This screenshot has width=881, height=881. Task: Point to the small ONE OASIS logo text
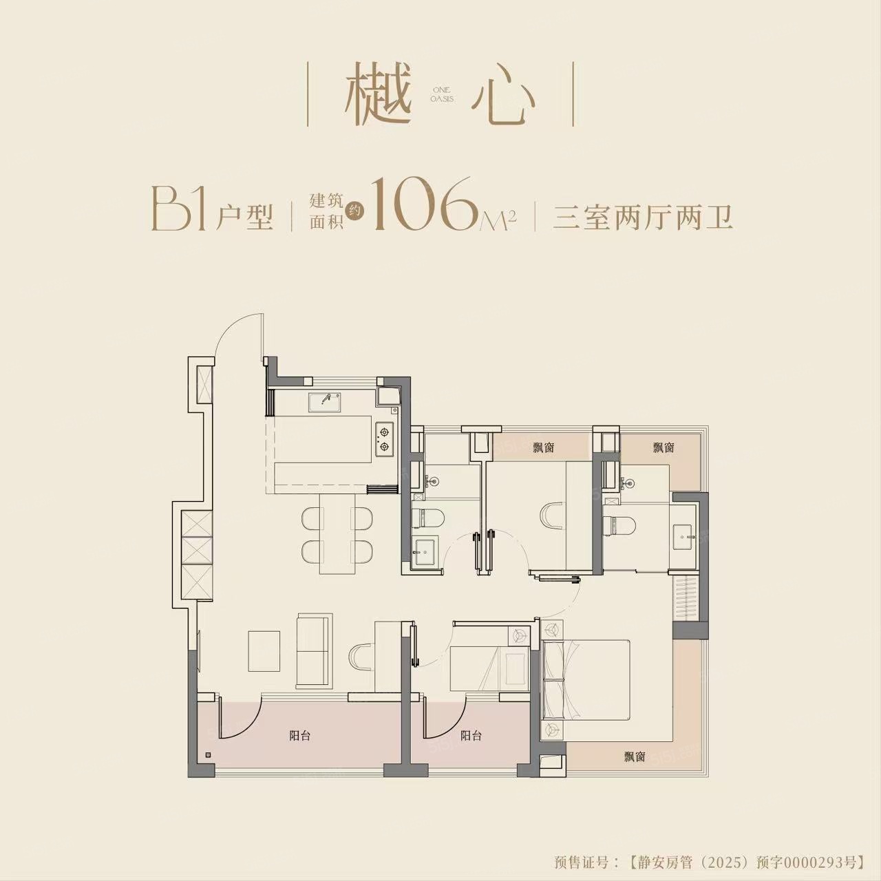442,94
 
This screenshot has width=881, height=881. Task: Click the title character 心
503,96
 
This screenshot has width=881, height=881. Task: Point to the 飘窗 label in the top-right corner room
664,447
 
